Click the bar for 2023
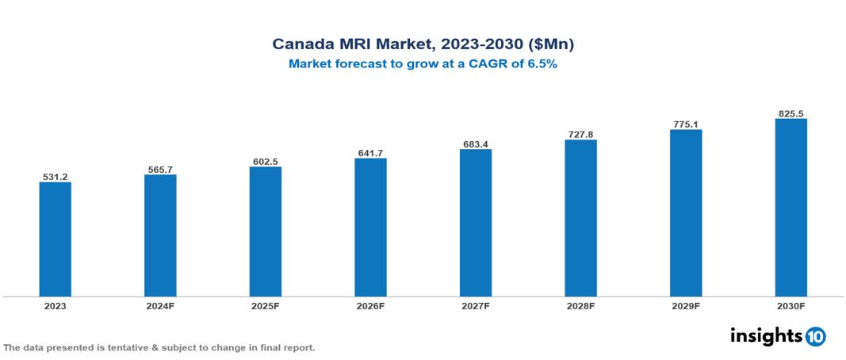click(x=55, y=239)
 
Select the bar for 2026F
click(x=370, y=228)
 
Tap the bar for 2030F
click(x=790, y=208)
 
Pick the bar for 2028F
click(x=580, y=218)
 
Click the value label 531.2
click(x=55, y=176)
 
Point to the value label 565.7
click(x=160, y=168)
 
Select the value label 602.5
click(x=265, y=161)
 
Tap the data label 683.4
click(x=476, y=144)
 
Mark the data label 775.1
click(x=686, y=124)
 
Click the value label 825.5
click(x=790, y=113)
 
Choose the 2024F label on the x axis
click(x=160, y=306)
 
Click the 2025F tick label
click(x=265, y=306)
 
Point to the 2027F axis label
click(x=476, y=306)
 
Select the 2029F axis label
click(x=686, y=306)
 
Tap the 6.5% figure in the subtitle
click(x=542, y=64)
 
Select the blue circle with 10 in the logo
click(x=815, y=336)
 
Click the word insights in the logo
click(x=766, y=335)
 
